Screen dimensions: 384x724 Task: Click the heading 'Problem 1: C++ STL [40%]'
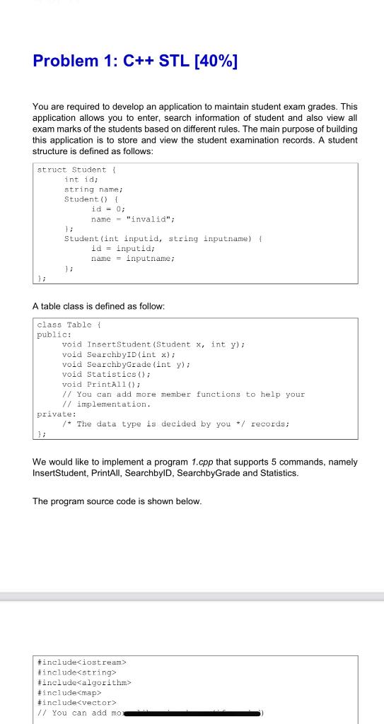(x=135, y=62)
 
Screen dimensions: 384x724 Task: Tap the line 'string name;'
(x=94, y=189)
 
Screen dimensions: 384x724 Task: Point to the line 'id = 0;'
(x=108, y=209)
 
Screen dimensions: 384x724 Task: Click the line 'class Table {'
(x=71, y=325)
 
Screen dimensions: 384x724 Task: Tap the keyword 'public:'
(x=54, y=334)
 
